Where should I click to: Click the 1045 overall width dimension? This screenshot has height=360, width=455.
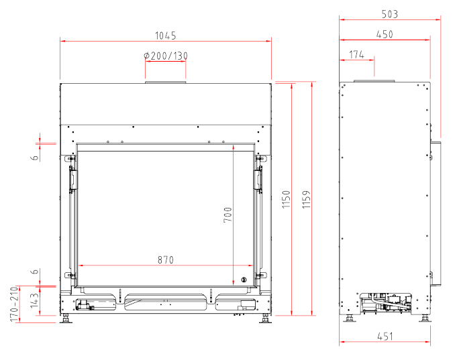[x=165, y=36]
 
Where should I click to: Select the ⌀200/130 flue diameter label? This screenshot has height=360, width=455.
[x=166, y=56]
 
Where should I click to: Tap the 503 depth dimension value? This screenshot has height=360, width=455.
[x=390, y=14]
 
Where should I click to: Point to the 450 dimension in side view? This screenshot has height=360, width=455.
[x=385, y=34]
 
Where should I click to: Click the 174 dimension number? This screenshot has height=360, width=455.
[x=356, y=54]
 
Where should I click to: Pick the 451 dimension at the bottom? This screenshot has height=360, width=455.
[x=385, y=337]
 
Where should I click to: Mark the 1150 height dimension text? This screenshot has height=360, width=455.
[x=286, y=199]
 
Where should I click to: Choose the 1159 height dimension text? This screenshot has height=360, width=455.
[x=306, y=199]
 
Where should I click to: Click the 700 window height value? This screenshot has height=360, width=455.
[x=227, y=215]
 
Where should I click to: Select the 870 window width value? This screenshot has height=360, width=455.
[x=166, y=259]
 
